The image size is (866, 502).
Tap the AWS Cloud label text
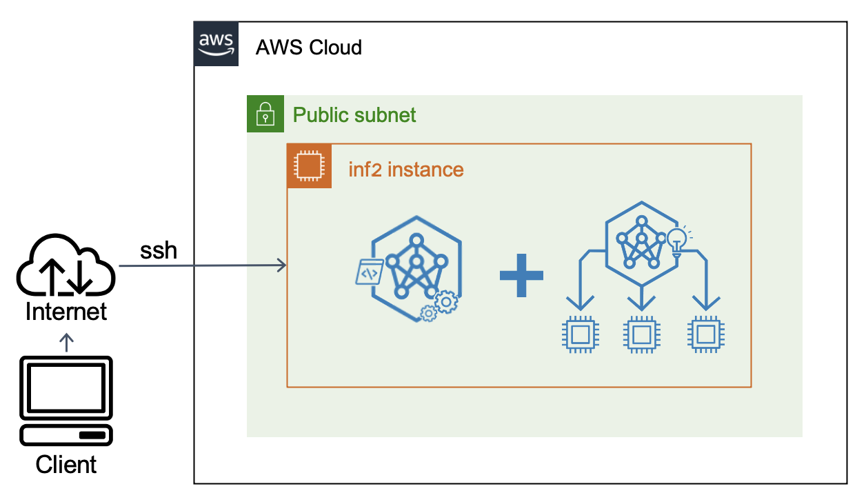coord(308,48)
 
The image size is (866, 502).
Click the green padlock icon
coord(265,114)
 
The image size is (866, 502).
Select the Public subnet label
coord(354,114)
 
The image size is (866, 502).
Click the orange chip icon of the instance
coord(309,166)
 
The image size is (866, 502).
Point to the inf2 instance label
coord(405,169)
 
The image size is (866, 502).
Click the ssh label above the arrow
coord(159,250)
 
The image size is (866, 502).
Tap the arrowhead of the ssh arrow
coord(282,265)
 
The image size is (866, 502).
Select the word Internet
coord(66,312)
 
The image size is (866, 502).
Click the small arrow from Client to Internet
coord(66,342)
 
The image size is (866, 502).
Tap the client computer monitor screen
coord(66,387)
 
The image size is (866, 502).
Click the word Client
coord(66,464)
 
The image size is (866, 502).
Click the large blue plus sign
coord(521,275)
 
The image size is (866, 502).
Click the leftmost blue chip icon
coord(580,335)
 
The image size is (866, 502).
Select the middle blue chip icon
coord(642,335)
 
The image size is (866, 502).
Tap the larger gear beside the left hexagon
coord(446,302)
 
